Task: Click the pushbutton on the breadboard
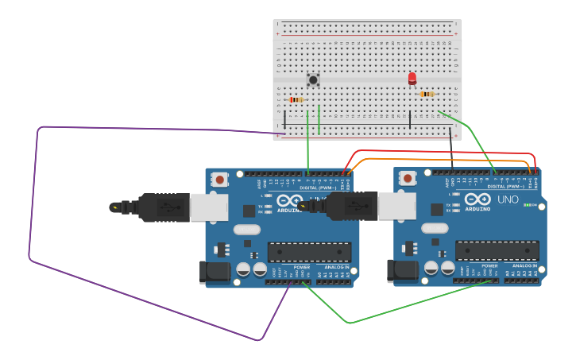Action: point(313,79)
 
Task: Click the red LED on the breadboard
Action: point(412,78)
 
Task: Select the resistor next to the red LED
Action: point(427,95)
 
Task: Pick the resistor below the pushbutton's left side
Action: point(296,99)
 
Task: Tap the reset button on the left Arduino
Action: point(220,180)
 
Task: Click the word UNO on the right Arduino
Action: point(508,199)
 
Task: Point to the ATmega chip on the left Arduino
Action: point(309,252)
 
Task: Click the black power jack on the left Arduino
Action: point(213,273)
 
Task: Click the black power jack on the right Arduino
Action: point(400,271)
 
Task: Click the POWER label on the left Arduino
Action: point(302,267)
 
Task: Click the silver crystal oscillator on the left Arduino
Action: point(247,230)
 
